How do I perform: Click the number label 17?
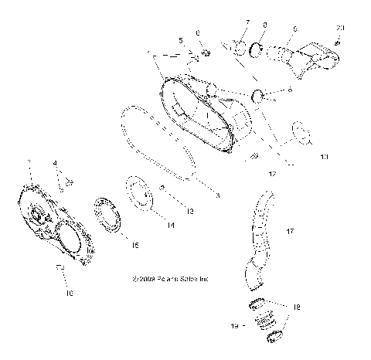290,231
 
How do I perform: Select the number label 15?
134,246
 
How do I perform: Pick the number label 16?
68,294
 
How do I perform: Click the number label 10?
323,157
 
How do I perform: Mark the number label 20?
341,28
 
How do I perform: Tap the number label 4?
55,164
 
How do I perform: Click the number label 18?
298,306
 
